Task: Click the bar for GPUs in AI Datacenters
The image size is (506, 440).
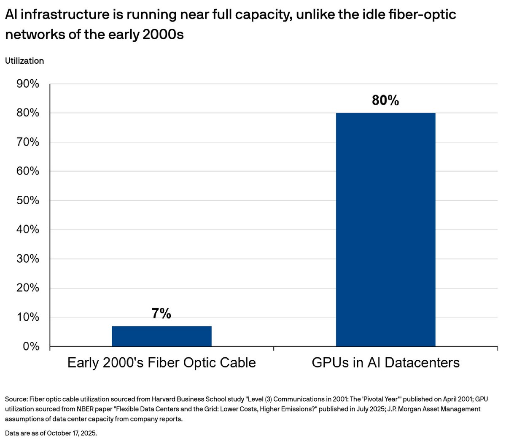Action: click(x=385, y=229)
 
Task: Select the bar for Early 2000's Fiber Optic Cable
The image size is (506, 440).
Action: click(x=161, y=336)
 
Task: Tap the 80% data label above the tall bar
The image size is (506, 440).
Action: click(x=385, y=100)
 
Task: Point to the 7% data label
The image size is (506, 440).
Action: click(x=161, y=313)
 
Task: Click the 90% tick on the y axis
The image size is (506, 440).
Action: click(x=28, y=84)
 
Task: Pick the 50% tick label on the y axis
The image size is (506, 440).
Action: click(x=28, y=200)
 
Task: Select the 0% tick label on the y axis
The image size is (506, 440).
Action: click(x=30, y=346)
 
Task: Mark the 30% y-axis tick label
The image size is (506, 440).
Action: click(x=28, y=259)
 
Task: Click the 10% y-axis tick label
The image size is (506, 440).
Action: click(x=28, y=317)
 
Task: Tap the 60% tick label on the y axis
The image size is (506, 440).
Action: click(x=28, y=171)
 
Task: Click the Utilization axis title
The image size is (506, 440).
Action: click(x=24, y=61)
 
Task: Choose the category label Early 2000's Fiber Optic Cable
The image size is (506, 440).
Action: click(x=161, y=363)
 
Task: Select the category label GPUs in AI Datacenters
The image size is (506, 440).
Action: click(x=385, y=363)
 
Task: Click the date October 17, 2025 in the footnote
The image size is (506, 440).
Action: click(x=72, y=433)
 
